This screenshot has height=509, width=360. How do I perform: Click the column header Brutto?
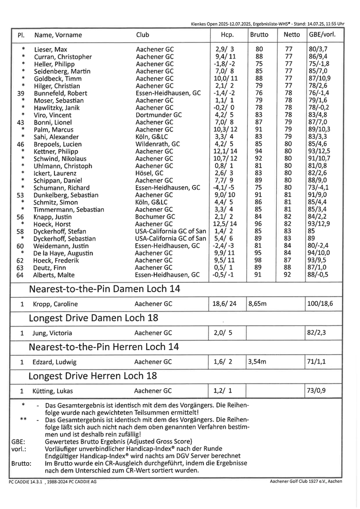coord(259,35)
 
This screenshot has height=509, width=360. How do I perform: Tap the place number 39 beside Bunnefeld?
coord(21,94)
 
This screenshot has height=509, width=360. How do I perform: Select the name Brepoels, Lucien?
coord(58,144)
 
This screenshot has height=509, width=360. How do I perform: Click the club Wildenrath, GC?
coord(158,144)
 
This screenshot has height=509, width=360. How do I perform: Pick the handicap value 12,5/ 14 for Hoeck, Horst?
coord(225,224)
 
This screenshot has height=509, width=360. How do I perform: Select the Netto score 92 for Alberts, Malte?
coord(288,275)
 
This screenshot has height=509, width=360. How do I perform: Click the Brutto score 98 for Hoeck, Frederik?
coord(259,261)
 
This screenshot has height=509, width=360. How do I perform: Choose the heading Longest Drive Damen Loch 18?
coord(93,318)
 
